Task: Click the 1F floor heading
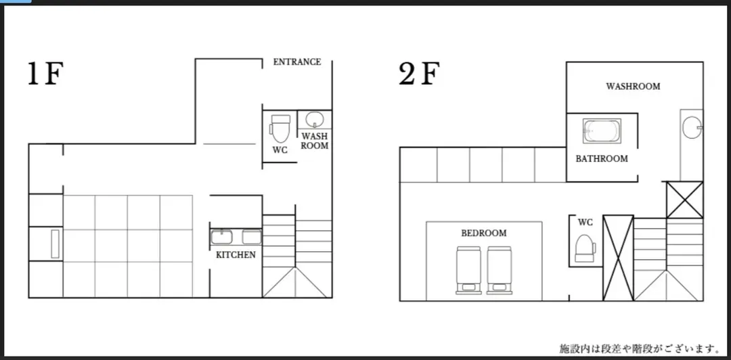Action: (x=45, y=74)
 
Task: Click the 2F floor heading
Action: (x=419, y=74)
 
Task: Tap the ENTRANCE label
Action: (x=297, y=62)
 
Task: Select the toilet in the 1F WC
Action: (x=280, y=129)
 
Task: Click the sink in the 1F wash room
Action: (x=314, y=120)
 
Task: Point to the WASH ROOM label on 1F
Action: (x=314, y=141)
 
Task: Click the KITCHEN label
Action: (x=236, y=255)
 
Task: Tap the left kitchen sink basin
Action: (x=221, y=237)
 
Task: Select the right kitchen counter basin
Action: (x=252, y=237)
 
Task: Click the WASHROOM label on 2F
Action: (x=633, y=86)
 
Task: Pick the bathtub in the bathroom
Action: (x=602, y=131)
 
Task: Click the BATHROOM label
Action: (x=602, y=158)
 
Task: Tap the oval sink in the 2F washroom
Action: (x=692, y=127)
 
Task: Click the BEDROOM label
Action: (x=484, y=233)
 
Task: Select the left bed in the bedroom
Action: (x=468, y=270)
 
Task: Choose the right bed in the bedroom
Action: (x=500, y=270)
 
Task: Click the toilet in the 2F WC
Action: (x=585, y=248)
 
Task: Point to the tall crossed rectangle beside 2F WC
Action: (x=618, y=258)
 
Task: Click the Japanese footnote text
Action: (x=639, y=348)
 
